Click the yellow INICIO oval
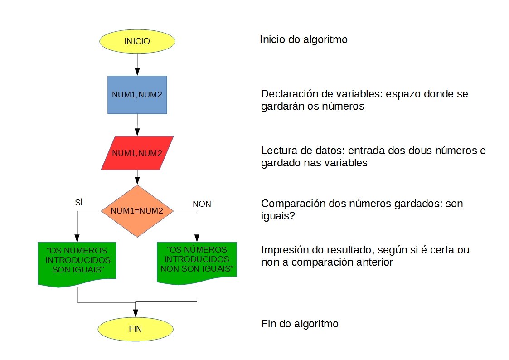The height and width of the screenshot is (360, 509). coord(137,41)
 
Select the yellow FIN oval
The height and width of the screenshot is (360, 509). coord(136,329)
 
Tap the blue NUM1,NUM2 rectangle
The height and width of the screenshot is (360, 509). coord(137,94)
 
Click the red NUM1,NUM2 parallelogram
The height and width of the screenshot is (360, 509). coord(137,153)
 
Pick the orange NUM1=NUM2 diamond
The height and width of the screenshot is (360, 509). coord(137,211)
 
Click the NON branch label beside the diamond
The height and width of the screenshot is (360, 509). coord(202,204)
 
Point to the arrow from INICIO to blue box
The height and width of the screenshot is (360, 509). coord(137,63)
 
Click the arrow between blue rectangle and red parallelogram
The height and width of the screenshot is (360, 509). coord(137,125)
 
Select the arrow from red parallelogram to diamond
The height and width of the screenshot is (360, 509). coord(137,177)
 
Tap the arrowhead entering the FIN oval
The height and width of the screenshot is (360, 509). coord(136,312)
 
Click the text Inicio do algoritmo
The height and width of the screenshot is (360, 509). coord(303,40)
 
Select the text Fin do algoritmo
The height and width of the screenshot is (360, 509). coord(300,324)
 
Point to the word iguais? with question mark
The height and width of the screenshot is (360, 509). coord(278,216)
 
